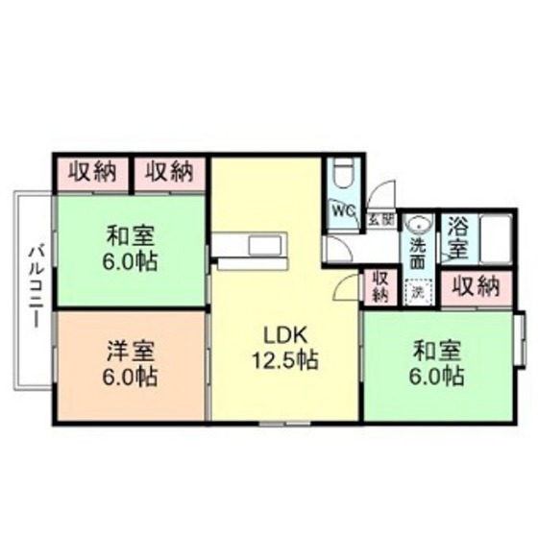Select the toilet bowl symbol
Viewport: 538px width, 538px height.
coord(342,175)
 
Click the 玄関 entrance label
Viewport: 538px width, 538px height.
coord(380,220)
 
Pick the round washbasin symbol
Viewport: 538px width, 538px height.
coord(418,223)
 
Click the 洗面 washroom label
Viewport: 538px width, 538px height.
coord(418,251)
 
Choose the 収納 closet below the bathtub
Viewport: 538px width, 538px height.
coord(476,285)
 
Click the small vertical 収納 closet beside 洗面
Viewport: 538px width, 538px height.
coord(379,285)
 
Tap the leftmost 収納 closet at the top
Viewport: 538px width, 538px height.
coord(92,173)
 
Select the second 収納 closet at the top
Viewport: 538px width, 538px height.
coord(169,173)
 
